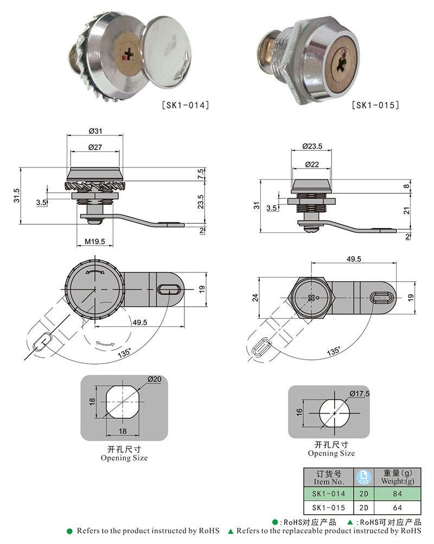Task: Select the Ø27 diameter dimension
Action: [95, 147]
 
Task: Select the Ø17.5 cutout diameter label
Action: [359, 393]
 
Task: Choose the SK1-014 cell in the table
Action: [328, 494]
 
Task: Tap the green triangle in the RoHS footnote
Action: [231, 532]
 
